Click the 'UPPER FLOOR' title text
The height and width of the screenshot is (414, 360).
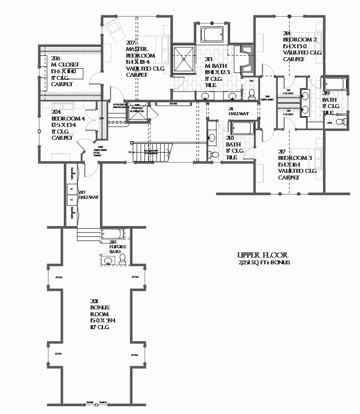tap(263, 255)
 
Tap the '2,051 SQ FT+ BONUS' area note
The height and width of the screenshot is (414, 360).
tap(264, 263)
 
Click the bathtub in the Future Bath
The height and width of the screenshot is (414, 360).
tap(113, 234)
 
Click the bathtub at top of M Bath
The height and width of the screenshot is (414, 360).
tap(212, 34)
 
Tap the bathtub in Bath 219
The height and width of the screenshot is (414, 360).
tap(335, 84)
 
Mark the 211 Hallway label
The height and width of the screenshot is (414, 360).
tap(238, 111)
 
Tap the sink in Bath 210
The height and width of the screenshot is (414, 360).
tap(212, 137)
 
